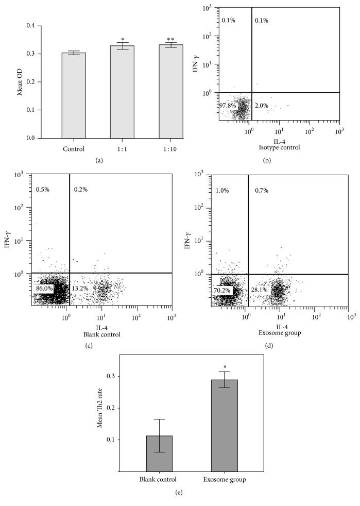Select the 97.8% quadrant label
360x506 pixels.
click(228, 106)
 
